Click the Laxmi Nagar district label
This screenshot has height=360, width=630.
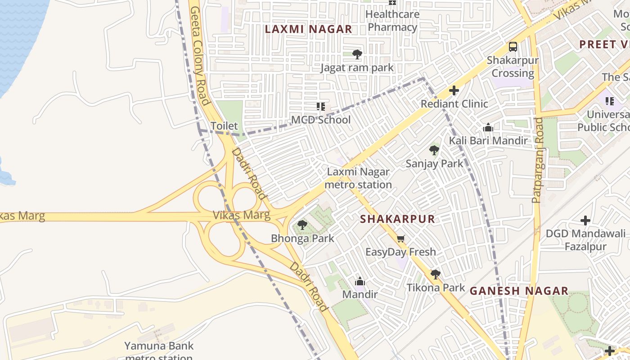coord(308,29)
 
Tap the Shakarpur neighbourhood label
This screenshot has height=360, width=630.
coord(398,219)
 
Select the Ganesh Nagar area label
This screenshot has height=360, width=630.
coord(519,291)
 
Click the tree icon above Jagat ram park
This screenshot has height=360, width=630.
coord(357,54)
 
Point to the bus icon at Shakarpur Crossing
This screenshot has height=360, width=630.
coord(513,46)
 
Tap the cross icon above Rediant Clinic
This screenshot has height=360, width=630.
coord(454,90)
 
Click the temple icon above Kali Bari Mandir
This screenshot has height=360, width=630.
coord(488,128)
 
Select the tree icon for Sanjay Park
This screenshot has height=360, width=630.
coord(434,150)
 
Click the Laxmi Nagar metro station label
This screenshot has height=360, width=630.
coord(358,178)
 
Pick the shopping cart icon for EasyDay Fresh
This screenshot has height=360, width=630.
coord(400,238)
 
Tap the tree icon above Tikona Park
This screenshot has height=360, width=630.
coord(435,274)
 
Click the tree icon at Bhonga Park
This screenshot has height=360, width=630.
coord(302,225)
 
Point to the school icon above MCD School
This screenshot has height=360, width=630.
coord(321,107)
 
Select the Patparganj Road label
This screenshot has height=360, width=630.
coord(537,160)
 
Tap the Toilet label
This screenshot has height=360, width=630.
coord(224,126)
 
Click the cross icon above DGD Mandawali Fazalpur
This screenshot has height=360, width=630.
coord(585,220)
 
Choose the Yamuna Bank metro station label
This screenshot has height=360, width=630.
coord(159,351)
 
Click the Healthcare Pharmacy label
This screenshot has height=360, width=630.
coord(392,21)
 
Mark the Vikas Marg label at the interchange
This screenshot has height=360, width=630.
coord(242,215)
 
